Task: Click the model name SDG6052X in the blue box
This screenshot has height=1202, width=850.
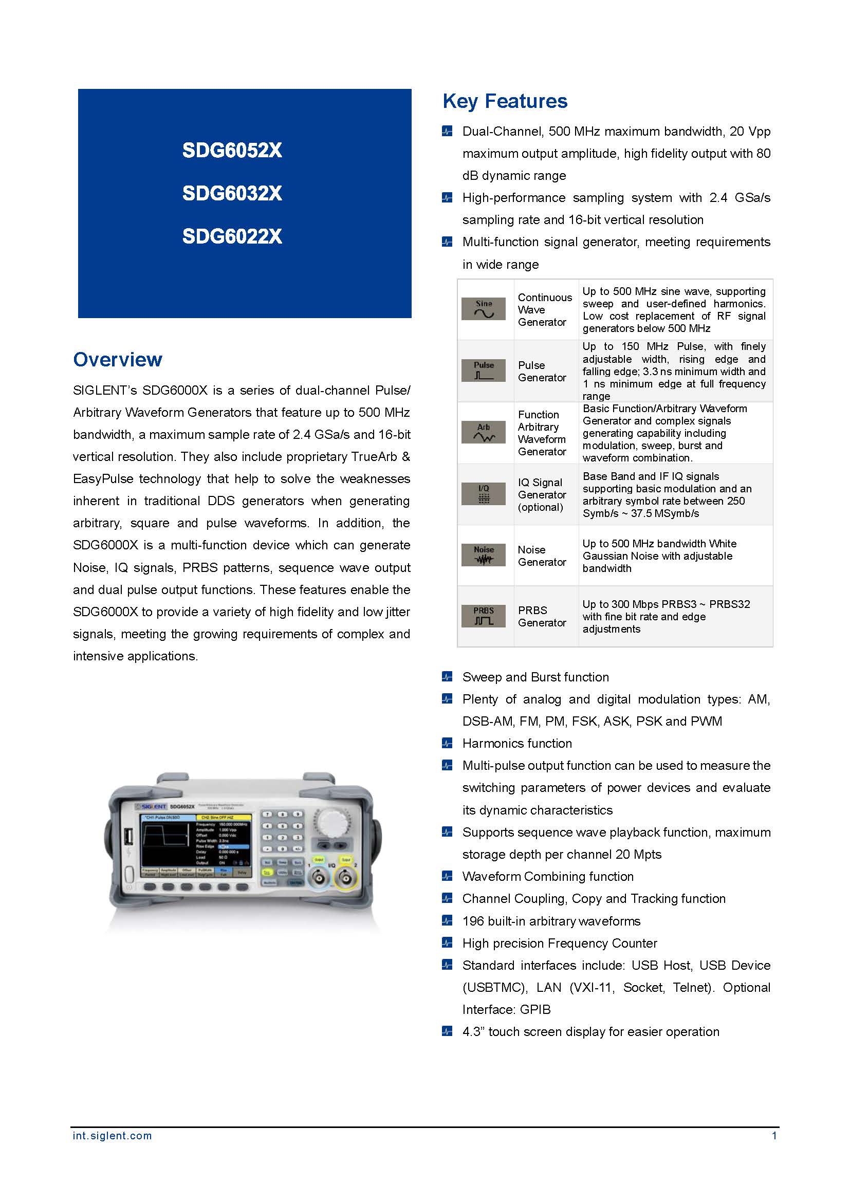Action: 232,151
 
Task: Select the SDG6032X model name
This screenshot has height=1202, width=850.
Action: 232,194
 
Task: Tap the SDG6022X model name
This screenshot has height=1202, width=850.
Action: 232,236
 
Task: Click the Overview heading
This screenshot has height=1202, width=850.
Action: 118,360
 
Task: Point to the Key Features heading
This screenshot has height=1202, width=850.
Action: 505,101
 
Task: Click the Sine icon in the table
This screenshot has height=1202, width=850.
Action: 483,309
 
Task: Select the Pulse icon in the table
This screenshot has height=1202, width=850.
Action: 483,370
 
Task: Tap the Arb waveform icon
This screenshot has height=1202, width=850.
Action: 483,432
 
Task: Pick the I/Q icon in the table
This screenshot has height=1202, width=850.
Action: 483,494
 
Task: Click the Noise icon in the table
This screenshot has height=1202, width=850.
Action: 483,555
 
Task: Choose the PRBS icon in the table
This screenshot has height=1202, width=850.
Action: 483,616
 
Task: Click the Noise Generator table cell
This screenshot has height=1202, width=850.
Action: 542,556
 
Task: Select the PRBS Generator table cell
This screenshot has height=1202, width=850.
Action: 542,616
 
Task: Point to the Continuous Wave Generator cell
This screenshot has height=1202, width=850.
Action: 544,309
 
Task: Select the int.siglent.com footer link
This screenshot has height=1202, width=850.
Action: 112,1136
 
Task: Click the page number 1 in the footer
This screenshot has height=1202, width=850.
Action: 774,1136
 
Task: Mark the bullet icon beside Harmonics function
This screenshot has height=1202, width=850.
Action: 447,743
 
